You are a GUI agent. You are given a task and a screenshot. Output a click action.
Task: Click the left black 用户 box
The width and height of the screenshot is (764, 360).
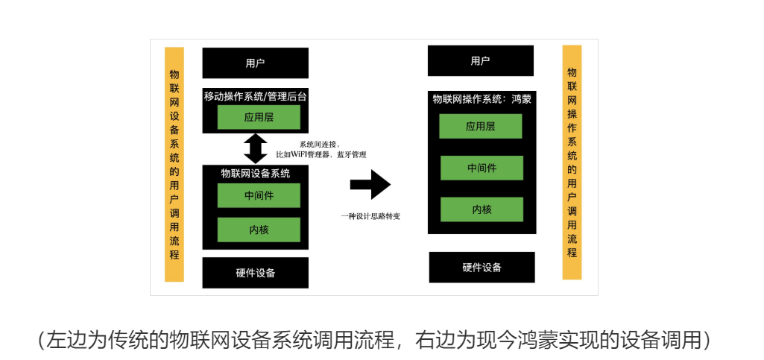255,63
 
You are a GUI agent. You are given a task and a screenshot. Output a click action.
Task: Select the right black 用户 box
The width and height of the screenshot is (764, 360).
480,60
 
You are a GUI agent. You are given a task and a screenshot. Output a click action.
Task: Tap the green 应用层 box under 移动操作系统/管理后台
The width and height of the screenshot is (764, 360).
259,117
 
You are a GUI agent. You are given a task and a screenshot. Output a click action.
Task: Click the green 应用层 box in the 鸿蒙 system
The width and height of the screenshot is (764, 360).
480,126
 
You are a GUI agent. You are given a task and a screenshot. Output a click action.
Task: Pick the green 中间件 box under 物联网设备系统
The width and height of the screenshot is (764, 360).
259,195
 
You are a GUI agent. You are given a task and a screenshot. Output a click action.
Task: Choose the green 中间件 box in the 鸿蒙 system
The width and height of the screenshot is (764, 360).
482,168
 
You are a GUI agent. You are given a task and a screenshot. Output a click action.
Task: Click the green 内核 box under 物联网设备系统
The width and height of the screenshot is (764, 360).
259,230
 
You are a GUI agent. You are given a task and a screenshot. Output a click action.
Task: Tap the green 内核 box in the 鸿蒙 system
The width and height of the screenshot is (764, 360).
482,209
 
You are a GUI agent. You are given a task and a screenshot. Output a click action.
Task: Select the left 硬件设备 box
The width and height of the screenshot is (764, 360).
255,272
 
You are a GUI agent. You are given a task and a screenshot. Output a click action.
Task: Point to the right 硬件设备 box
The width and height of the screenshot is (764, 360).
482,267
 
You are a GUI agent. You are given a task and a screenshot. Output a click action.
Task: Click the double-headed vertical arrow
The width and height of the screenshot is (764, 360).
256,148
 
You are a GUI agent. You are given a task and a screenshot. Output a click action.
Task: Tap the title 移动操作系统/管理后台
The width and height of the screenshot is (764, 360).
255,96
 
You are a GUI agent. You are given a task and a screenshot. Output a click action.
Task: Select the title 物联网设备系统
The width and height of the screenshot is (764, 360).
255,173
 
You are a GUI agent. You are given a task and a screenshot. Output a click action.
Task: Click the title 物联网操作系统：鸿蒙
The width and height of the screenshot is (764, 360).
482,98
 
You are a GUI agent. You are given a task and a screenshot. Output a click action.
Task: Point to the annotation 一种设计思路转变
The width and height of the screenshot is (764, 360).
371,216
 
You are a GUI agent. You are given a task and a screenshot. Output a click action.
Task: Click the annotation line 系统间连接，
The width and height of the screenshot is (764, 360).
320,144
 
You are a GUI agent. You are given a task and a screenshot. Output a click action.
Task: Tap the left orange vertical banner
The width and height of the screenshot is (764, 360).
174,164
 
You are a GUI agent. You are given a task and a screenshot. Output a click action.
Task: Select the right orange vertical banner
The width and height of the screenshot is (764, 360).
572,162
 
